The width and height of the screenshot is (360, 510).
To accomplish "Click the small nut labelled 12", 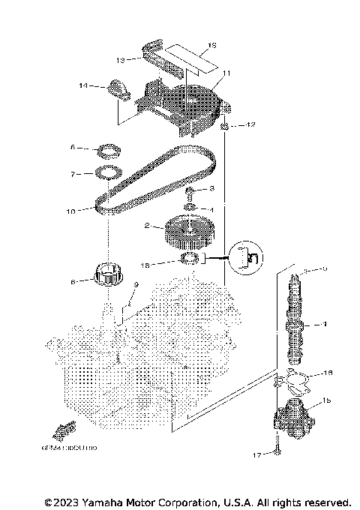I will (x=224, y=125).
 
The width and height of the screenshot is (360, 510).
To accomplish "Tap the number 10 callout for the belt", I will (x=70, y=211).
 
